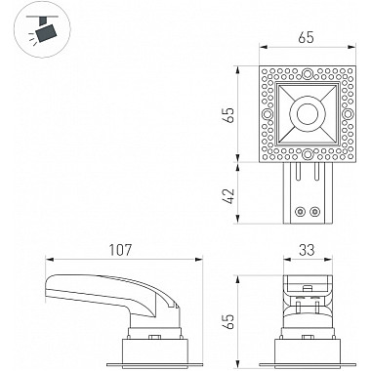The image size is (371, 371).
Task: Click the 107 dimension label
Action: click(x=120, y=250)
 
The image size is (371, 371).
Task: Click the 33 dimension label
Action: click(x=307, y=250)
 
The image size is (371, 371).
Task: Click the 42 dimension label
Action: click(x=229, y=196)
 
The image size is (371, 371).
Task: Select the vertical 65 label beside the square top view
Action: click(x=229, y=115)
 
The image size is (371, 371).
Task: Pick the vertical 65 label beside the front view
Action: click(x=229, y=322)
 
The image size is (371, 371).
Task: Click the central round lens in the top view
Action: click(x=308, y=114)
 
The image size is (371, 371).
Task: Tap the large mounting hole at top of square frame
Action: click(x=307, y=74)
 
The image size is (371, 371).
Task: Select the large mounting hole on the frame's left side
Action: click(x=268, y=114)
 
